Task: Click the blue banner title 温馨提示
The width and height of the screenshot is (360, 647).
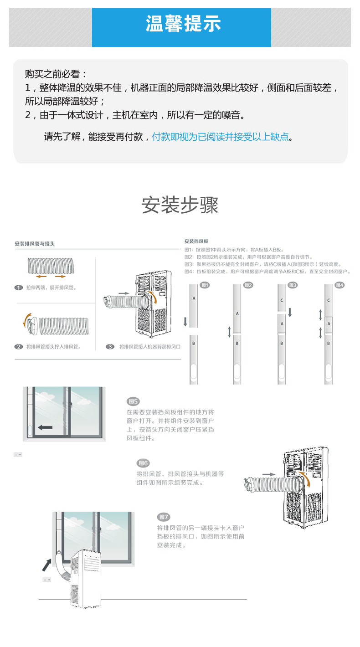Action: pyautogui.click(x=183, y=24)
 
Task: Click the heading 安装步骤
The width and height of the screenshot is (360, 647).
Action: pyautogui.click(x=180, y=205)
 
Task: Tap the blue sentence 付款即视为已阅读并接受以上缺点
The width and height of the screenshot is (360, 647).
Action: pyautogui.click(x=221, y=137)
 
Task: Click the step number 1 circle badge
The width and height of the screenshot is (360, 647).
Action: pyautogui.click(x=19, y=288)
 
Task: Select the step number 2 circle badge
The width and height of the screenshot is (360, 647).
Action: pyautogui.click(x=19, y=347)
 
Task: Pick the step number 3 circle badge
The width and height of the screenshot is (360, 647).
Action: pyautogui.click(x=110, y=347)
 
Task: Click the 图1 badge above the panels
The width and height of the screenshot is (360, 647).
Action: pyautogui.click(x=205, y=285)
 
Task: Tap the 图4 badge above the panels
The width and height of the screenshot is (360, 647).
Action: pyautogui.click(x=339, y=285)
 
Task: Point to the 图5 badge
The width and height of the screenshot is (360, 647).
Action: pyautogui.click(x=133, y=401)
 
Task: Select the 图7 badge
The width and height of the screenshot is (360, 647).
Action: pyautogui.click(x=164, y=517)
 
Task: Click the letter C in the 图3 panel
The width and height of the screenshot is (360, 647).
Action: pyautogui.click(x=282, y=300)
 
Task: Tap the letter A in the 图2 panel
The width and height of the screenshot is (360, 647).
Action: pyautogui.click(x=237, y=314)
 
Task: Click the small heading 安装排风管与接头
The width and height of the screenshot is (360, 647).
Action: pyautogui.click(x=35, y=244)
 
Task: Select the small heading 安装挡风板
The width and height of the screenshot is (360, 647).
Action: pyautogui.click(x=196, y=241)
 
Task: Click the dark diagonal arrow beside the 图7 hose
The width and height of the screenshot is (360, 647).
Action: pyautogui.click(x=47, y=565)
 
